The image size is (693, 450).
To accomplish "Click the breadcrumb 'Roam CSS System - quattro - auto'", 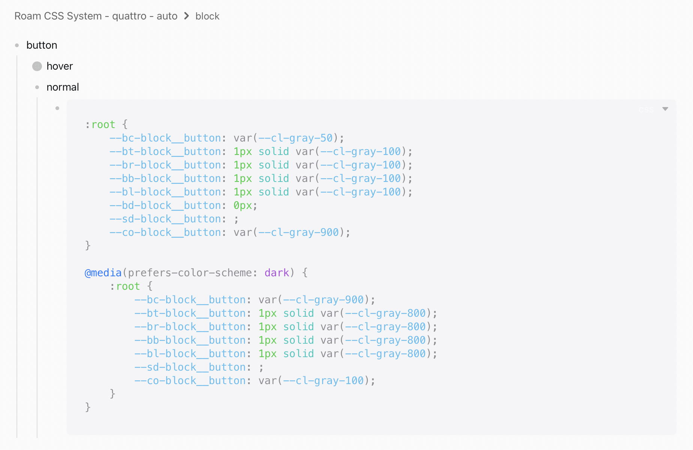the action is (x=96, y=16).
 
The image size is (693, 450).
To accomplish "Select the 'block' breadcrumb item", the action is (x=207, y=16).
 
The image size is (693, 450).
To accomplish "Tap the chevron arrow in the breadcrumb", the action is (x=187, y=16).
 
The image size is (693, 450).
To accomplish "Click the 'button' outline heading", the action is (x=42, y=45).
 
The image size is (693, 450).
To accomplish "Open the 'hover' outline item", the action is (x=60, y=66).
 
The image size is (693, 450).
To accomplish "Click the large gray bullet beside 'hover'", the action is (x=37, y=66).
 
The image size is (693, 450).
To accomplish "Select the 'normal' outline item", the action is (x=63, y=87).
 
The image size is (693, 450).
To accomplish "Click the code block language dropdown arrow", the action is (x=665, y=109).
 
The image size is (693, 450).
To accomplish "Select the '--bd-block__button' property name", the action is (x=165, y=206).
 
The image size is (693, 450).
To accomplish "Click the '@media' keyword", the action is (x=103, y=273).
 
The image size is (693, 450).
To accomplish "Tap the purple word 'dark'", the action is (x=276, y=273).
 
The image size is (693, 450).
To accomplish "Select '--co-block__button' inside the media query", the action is (x=190, y=381).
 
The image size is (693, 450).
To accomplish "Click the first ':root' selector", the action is (x=100, y=125).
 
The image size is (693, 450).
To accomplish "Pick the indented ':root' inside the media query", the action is (x=125, y=286).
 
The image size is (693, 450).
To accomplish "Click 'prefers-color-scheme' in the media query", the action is (x=190, y=273).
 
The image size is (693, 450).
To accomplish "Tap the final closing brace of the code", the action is (x=88, y=407).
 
